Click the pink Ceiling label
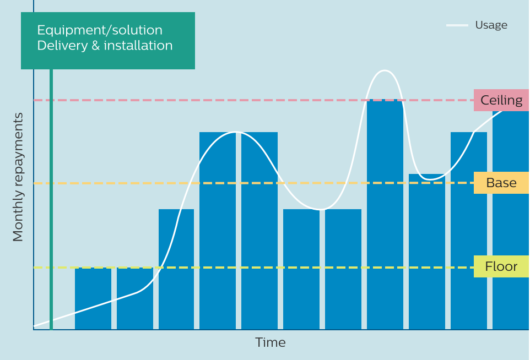[x=501, y=100]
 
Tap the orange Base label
[x=501, y=183]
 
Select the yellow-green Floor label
[x=501, y=267]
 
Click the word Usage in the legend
[x=491, y=25]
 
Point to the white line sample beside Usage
[x=457, y=25]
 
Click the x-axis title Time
[x=271, y=342]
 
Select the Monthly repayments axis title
[x=18, y=177]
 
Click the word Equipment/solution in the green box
[x=100, y=30]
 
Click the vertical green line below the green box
[x=51, y=198]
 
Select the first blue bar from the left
[x=93, y=300]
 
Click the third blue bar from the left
[x=176, y=270]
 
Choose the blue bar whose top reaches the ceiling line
[x=385, y=215]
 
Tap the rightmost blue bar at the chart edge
[x=511, y=220]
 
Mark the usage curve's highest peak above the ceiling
[x=385, y=70]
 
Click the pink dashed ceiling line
[x=220, y=100]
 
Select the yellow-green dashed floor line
[x=275, y=268]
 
